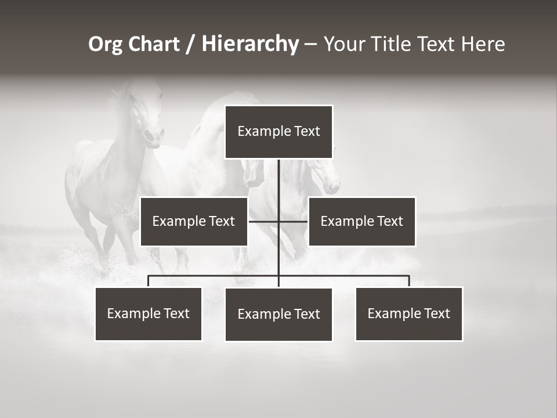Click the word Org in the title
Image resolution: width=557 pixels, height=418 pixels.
tap(106, 44)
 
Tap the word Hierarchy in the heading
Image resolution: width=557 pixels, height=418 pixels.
tap(250, 44)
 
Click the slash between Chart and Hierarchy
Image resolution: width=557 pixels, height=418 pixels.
tap(190, 45)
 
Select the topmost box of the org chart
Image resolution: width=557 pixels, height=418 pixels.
tap(278, 132)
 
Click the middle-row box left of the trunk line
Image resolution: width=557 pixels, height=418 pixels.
tap(194, 221)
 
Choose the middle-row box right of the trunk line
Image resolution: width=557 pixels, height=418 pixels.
tap(361, 221)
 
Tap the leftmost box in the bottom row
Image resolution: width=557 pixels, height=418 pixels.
tap(149, 313)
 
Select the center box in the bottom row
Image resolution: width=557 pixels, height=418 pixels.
tap(278, 314)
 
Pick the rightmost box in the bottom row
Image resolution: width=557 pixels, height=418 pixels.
tap(408, 313)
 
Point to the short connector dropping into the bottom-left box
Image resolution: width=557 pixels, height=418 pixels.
tap(149, 281)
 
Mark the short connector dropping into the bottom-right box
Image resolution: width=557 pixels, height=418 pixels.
tap(409, 281)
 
